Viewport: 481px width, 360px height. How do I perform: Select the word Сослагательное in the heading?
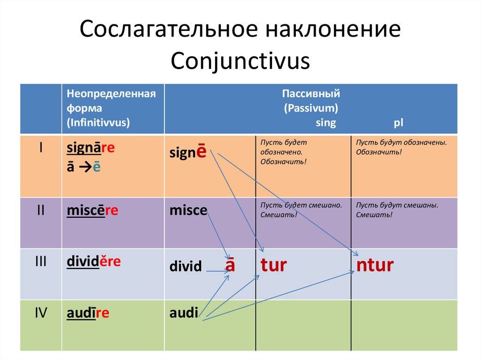point(169,29)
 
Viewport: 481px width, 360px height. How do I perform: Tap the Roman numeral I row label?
point(41,148)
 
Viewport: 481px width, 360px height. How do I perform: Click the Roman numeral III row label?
point(41,261)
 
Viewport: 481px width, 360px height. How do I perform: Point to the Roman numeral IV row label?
point(41,313)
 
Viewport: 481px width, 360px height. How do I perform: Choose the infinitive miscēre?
point(93,211)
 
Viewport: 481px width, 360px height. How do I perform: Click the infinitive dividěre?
point(93,261)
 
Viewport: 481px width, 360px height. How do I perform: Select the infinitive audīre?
point(88,313)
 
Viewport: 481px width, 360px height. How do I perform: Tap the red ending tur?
point(274,265)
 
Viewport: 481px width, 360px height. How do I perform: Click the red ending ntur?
point(375,265)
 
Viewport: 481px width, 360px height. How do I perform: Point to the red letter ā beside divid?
point(230,265)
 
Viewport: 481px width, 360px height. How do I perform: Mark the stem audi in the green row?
point(184,313)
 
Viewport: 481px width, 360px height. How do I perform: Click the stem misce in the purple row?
point(188,211)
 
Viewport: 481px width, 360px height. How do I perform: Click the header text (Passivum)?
point(311,108)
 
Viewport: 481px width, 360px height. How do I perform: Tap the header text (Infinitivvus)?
point(98,123)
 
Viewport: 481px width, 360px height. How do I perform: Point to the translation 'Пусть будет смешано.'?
point(301,205)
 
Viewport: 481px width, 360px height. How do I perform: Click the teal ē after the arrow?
point(96,167)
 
